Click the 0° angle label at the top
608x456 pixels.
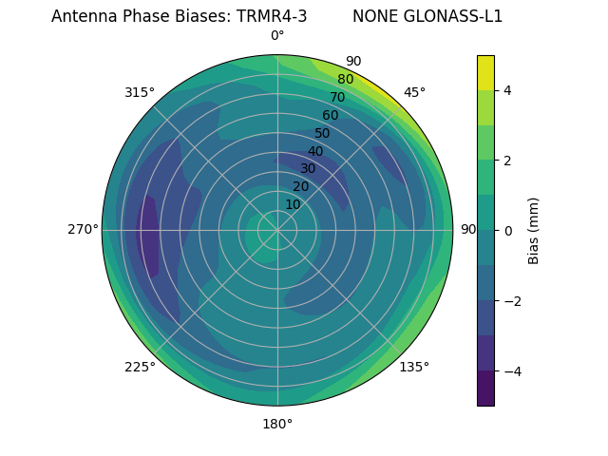pos(277,36)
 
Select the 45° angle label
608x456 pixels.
pos(414,92)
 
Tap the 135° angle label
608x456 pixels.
pos(414,367)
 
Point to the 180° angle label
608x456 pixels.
pos(277,424)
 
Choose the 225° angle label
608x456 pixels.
pos(140,367)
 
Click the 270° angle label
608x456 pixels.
pos(84,229)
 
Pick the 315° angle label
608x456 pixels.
pos(140,92)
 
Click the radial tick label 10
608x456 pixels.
pos(293,204)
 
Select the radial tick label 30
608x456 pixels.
pos(308,168)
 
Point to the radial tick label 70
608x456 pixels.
pos(337,97)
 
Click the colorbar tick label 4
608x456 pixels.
pos(508,90)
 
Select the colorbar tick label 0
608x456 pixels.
pos(508,230)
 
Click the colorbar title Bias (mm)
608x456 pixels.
pos(534,230)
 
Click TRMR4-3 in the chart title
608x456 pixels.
pos(272,16)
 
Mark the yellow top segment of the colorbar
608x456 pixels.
pos(485,72)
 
